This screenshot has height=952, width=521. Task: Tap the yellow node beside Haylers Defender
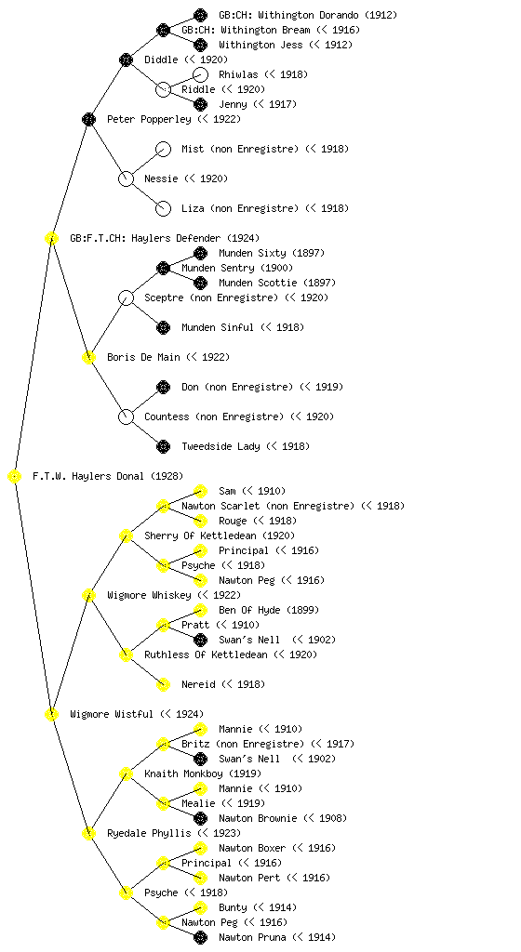pos(51,239)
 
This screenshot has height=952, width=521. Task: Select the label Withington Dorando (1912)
pos(308,15)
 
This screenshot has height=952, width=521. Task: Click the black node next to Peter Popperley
pos(88,119)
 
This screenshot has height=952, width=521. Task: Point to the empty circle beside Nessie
pos(126,179)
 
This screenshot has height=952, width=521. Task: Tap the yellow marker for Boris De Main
pos(88,358)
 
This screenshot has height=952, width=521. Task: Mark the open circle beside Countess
pos(126,417)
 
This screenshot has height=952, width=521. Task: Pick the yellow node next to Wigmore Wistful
pos(51,715)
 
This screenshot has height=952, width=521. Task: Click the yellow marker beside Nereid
pos(163,685)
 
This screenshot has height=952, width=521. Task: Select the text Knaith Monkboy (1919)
pos(203,774)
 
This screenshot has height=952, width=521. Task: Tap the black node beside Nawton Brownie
pos(200,818)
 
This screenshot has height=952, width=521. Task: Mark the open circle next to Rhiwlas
pos(200,74)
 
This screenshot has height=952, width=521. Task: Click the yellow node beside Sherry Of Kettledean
pos(126,536)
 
